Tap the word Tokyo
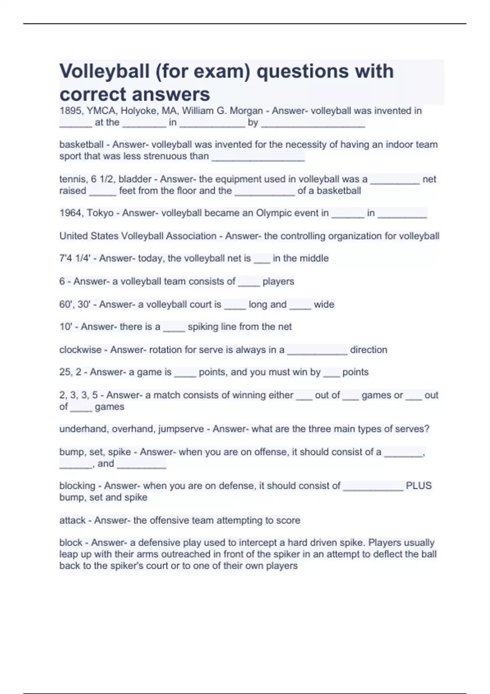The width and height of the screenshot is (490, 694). point(100,213)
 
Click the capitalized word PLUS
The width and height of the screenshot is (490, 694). point(419,486)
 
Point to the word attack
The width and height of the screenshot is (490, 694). point(72,520)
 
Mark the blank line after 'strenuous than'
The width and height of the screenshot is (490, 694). point(258,159)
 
